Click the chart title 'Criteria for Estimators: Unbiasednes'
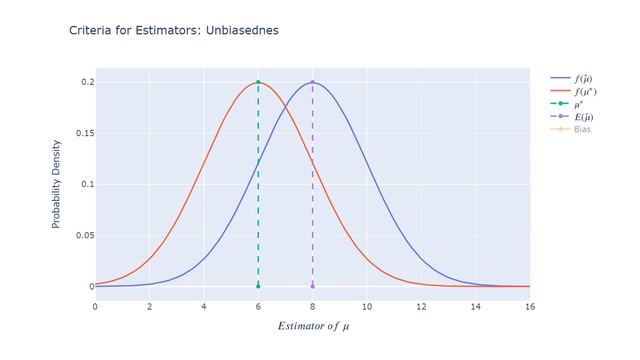click(174, 30)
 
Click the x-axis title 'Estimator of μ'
click(312, 325)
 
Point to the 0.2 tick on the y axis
click(86, 82)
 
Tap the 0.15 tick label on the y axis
click(82, 133)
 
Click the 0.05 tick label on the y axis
click(82, 235)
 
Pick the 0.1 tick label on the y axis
click(86, 184)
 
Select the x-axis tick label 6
click(258, 306)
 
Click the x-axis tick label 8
click(312, 306)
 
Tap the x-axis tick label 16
click(529, 306)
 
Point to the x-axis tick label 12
click(421, 306)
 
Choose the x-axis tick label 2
click(149, 306)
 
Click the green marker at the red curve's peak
click(258, 82)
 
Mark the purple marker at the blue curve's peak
click(312, 82)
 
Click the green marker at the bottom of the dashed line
click(258, 286)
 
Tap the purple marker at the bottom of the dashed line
click(312, 286)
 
